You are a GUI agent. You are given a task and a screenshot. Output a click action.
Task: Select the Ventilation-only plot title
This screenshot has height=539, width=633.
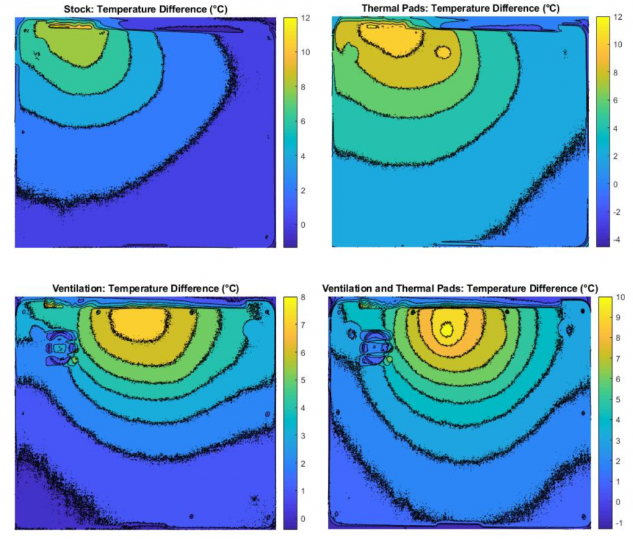pyautogui.click(x=145, y=288)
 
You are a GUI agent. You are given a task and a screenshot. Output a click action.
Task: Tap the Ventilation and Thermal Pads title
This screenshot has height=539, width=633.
pyautogui.click(x=460, y=288)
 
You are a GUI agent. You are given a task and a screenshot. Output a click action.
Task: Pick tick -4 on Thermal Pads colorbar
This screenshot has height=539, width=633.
pyautogui.click(x=620, y=239)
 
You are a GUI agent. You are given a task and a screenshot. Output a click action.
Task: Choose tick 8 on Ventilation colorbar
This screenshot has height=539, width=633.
pyautogui.click(x=304, y=297)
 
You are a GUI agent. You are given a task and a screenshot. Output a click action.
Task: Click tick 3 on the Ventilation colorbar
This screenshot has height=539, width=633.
pyautogui.click(x=304, y=436)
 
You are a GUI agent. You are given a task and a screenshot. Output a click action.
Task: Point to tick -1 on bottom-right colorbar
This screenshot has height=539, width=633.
pyautogui.click(x=619, y=522)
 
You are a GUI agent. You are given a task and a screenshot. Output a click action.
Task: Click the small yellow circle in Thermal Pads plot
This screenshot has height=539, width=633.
pyautogui.click(x=443, y=52)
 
